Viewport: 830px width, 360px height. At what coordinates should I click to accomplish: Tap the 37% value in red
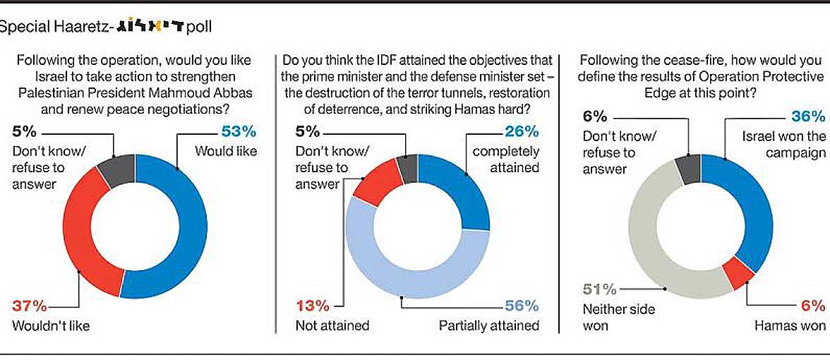30,306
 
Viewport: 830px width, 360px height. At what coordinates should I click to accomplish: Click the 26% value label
522,131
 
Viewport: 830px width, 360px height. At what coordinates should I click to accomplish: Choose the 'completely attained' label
505,159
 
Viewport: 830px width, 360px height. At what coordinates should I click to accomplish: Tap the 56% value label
522,306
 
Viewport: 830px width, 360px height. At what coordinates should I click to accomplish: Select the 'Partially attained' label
489,325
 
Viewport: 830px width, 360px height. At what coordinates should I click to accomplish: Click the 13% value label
311,306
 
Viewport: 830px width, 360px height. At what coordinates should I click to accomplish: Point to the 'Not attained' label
331,325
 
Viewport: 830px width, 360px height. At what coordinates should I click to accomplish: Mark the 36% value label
808,116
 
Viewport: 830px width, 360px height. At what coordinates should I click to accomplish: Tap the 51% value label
599,289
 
